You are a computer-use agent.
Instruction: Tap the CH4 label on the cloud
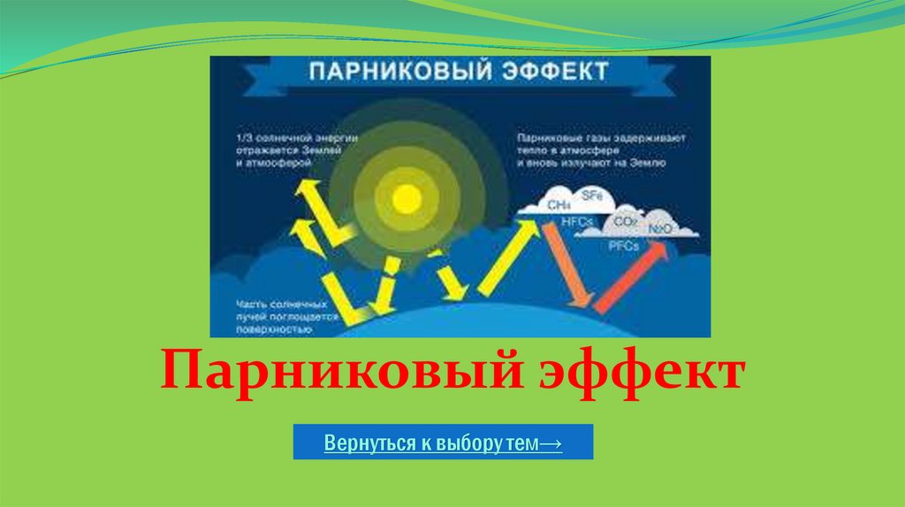[x=558, y=204]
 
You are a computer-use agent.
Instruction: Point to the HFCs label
[x=576, y=221]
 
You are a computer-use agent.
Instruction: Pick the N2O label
[x=660, y=229]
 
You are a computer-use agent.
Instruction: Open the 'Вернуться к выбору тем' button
[x=443, y=442]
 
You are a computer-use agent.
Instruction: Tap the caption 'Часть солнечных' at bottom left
[x=275, y=303]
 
